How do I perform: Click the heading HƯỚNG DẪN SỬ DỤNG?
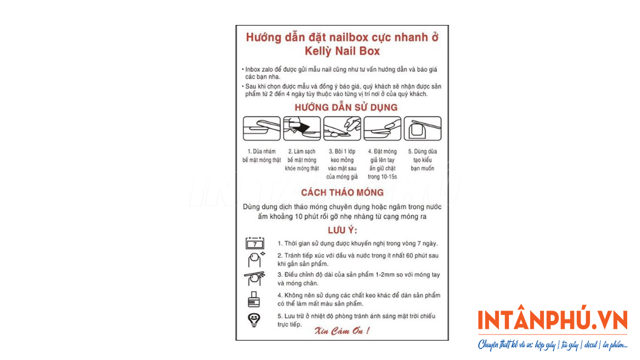point(346,107)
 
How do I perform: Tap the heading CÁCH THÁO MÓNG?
point(342,192)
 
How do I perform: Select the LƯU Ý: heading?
point(342,230)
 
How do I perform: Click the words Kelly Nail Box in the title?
point(342,51)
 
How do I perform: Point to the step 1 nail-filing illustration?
point(262,128)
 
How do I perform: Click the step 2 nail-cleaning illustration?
point(302,128)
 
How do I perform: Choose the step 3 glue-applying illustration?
point(342,128)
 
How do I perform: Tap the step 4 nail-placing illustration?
point(382,128)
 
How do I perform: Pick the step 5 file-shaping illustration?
point(422,128)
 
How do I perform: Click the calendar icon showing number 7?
point(254,243)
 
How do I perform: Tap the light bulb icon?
point(254,320)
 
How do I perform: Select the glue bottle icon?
point(254,299)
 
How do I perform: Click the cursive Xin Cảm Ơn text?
point(342,331)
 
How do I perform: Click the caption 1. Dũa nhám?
point(262,152)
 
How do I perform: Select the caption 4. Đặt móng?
point(382,152)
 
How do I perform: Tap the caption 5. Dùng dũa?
point(422,152)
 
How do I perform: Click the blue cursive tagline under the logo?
point(553,345)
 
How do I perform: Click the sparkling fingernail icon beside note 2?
point(256,259)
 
